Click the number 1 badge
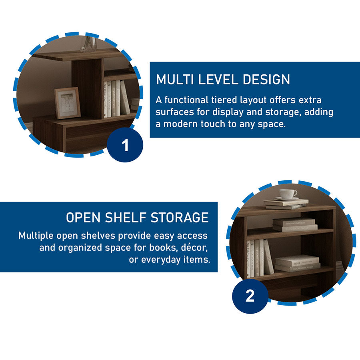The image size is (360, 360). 125,145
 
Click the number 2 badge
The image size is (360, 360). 250,296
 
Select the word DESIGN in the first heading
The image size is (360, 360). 266,80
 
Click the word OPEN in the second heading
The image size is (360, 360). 83,218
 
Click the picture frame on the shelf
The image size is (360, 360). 68,103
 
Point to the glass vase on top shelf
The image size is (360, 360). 89,44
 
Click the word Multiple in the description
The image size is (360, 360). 36,236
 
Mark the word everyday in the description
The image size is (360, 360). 161,260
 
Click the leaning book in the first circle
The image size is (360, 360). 125,97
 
